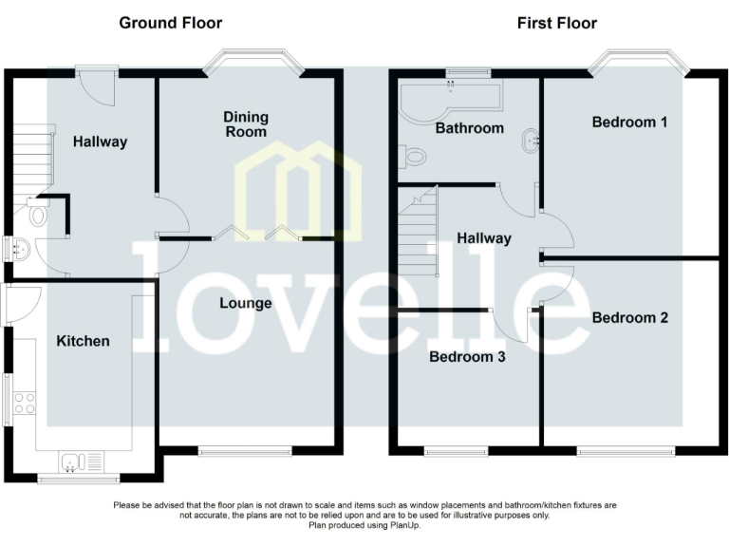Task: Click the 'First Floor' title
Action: pyautogui.click(x=557, y=23)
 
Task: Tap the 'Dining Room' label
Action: pyautogui.click(x=246, y=124)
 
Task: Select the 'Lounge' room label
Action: pyautogui.click(x=246, y=304)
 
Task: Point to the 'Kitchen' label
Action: pyautogui.click(x=83, y=341)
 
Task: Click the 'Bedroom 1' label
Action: pyautogui.click(x=629, y=122)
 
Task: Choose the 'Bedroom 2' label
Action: pyautogui.click(x=629, y=317)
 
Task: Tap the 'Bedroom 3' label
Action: pyautogui.click(x=467, y=357)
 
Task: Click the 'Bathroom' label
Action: pyautogui.click(x=469, y=127)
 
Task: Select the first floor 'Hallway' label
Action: pyautogui.click(x=483, y=238)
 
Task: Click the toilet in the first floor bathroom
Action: pyautogui.click(x=411, y=154)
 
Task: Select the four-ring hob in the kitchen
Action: pyautogui.click(x=24, y=403)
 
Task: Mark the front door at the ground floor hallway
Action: pyautogui.click(x=98, y=85)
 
